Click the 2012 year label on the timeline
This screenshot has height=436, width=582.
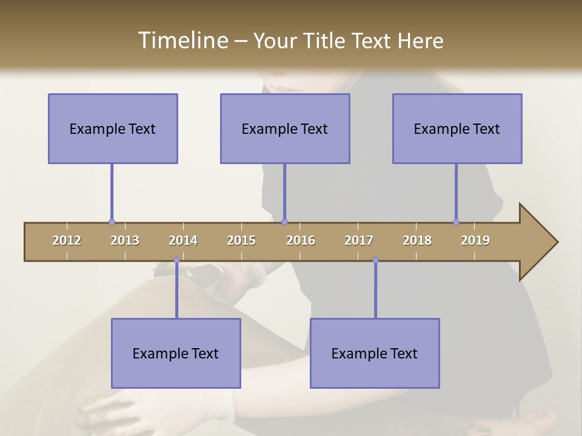[67, 240]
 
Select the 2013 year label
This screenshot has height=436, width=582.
[125, 240]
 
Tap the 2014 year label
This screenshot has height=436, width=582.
[183, 240]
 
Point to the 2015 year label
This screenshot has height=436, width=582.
[241, 240]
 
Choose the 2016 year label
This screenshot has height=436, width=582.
[301, 240]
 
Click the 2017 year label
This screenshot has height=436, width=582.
[359, 240]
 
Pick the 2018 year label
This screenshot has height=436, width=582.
[417, 240]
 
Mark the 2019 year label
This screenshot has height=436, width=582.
[475, 240]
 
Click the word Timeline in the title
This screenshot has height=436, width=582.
[181, 41]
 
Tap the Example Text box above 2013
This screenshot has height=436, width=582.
[113, 128]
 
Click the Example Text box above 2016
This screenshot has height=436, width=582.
[285, 128]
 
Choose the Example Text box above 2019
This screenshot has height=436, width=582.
[457, 128]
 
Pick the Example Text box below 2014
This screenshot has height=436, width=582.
[176, 353]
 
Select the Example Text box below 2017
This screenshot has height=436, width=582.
[375, 353]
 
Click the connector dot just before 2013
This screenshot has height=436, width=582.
[112, 222]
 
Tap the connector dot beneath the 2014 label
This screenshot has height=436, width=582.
[176, 260]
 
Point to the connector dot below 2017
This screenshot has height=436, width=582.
[375, 260]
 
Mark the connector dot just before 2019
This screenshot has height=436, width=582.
[456, 222]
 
